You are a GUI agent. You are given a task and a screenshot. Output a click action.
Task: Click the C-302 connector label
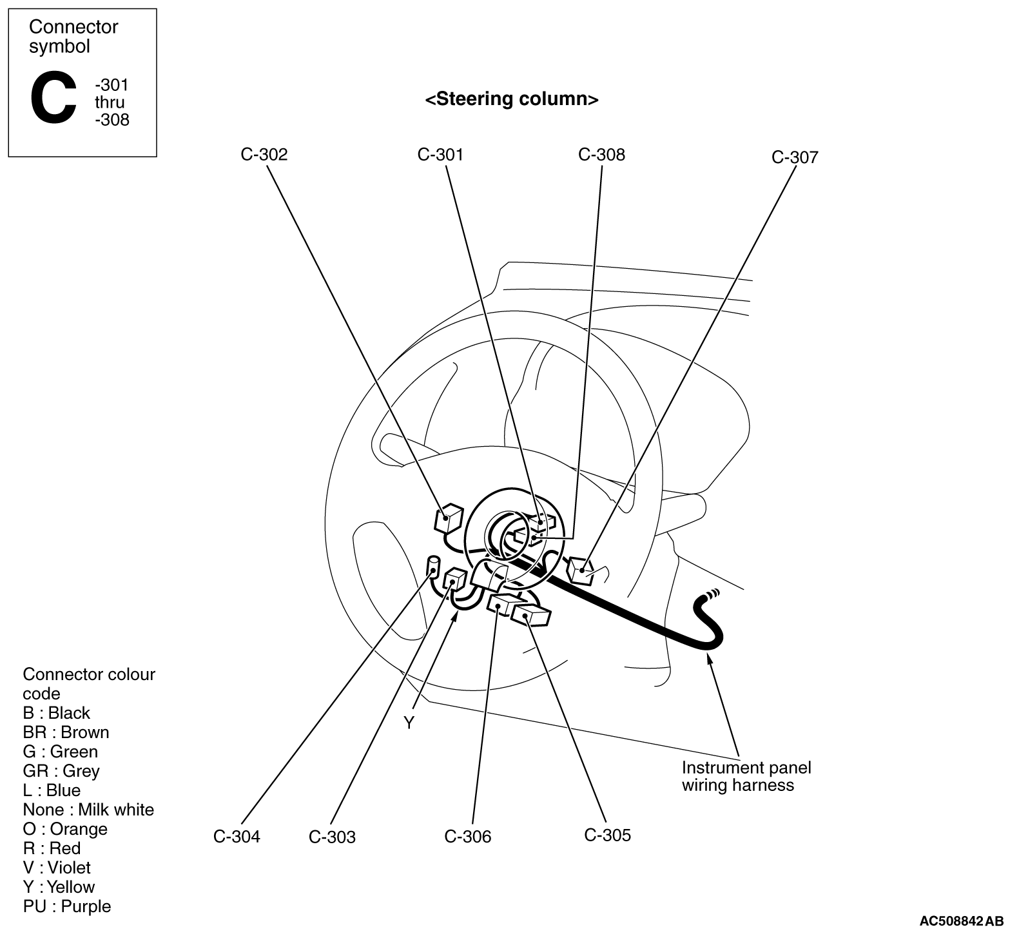(264, 155)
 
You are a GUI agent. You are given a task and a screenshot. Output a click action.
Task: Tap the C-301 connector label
(440, 155)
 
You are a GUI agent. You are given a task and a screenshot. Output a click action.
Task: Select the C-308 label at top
(601, 155)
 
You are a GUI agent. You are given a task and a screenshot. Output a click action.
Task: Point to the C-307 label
(795, 157)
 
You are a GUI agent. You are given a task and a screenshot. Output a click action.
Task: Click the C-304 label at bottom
(237, 837)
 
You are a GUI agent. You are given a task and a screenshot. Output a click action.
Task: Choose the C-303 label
(332, 837)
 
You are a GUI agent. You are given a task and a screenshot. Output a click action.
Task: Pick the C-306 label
(467, 837)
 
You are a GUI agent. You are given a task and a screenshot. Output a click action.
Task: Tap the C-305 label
(608, 835)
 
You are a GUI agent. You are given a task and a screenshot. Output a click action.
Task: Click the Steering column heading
(512, 99)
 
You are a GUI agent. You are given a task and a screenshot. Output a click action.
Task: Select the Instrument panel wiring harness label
(746, 777)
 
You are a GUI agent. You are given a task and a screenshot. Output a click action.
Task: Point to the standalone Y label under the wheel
(409, 723)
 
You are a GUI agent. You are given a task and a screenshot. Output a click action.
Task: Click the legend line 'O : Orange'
(65, 829)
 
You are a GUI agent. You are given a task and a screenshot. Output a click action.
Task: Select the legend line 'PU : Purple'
(66, 906)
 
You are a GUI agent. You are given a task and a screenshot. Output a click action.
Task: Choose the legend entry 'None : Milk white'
(88, 810)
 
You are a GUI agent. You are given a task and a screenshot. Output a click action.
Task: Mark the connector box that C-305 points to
(531, 615)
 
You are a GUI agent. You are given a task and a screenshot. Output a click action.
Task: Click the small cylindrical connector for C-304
(434, 566)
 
